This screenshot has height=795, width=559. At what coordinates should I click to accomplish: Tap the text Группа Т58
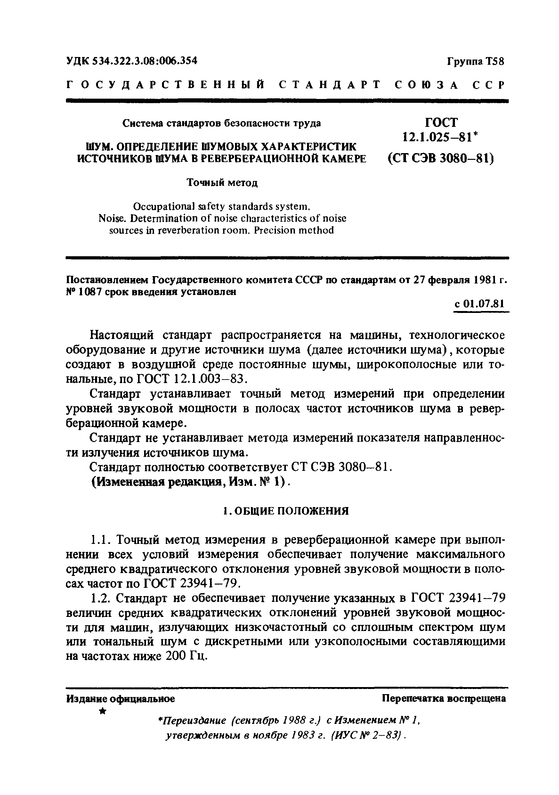point(476,61)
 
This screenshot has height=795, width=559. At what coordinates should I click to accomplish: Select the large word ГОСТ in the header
point(441,122)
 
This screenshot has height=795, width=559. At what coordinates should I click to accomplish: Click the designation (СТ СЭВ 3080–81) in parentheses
point(441,158)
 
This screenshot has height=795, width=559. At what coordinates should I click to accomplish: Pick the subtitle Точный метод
point(222,182)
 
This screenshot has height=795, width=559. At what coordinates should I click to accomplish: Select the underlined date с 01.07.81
point(479,304)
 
